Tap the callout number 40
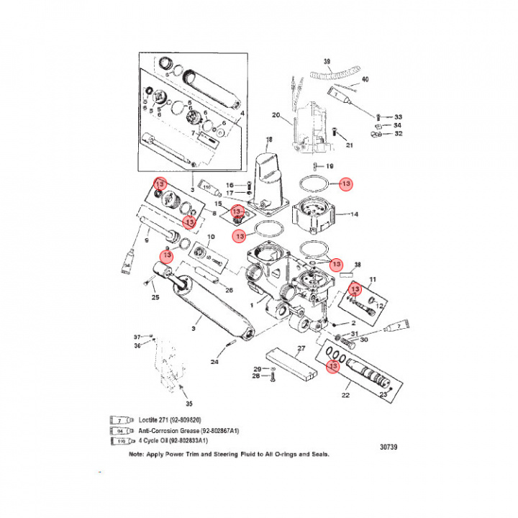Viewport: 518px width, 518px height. click(x=365, y=79)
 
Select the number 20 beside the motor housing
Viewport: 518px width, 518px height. click(x=275, y=115)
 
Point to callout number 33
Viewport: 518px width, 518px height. click(x=398, y=117)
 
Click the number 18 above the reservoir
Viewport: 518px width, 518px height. click(x=270, y=140)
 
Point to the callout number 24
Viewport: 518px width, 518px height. click(x=214, y=362)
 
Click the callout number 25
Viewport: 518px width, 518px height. click(x=154, y=297)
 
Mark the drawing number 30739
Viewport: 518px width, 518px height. click(x=388, y=447)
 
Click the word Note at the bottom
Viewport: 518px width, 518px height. click(x=137, y=455)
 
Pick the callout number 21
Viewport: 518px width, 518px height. click(x=350, y=146)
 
